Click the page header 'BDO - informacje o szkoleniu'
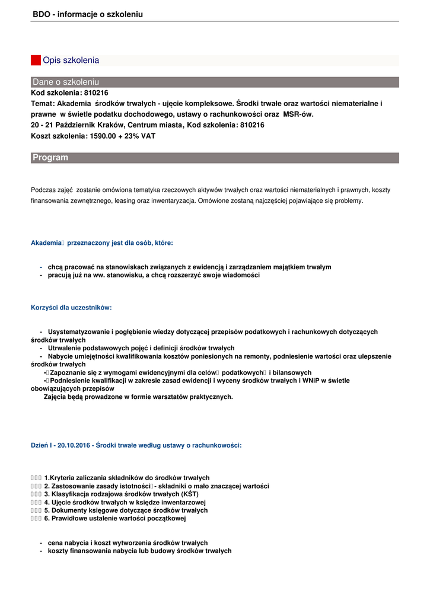88,14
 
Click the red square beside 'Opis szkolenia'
36,60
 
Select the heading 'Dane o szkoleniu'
66,82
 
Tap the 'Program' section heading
50,158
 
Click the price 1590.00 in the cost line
104,136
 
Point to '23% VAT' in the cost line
141,136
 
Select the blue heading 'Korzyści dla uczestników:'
71,308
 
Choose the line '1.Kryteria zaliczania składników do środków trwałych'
126,478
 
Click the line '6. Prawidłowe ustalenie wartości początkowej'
114,518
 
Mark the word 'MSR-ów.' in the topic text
298,114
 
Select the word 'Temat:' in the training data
43,104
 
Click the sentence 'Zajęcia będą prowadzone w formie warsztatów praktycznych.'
138,397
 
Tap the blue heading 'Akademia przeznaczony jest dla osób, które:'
101,242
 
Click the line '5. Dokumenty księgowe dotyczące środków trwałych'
126,510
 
